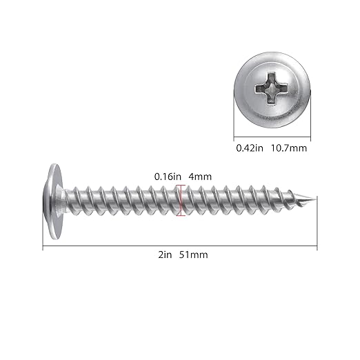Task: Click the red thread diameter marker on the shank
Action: click(179, 201)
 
